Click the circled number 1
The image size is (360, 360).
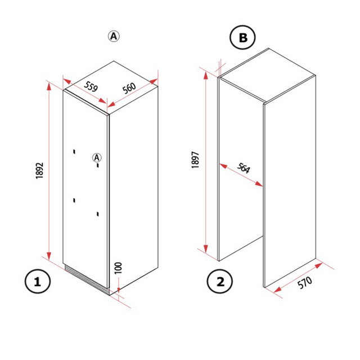point(38,281)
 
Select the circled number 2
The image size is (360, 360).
point(220,281)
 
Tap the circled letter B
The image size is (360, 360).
point(242,38)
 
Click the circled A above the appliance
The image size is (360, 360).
point(114,36)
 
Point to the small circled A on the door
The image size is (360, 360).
point(97,158)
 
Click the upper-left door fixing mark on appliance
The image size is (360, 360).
point(74,150)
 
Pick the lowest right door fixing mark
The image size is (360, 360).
point(98,213)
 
